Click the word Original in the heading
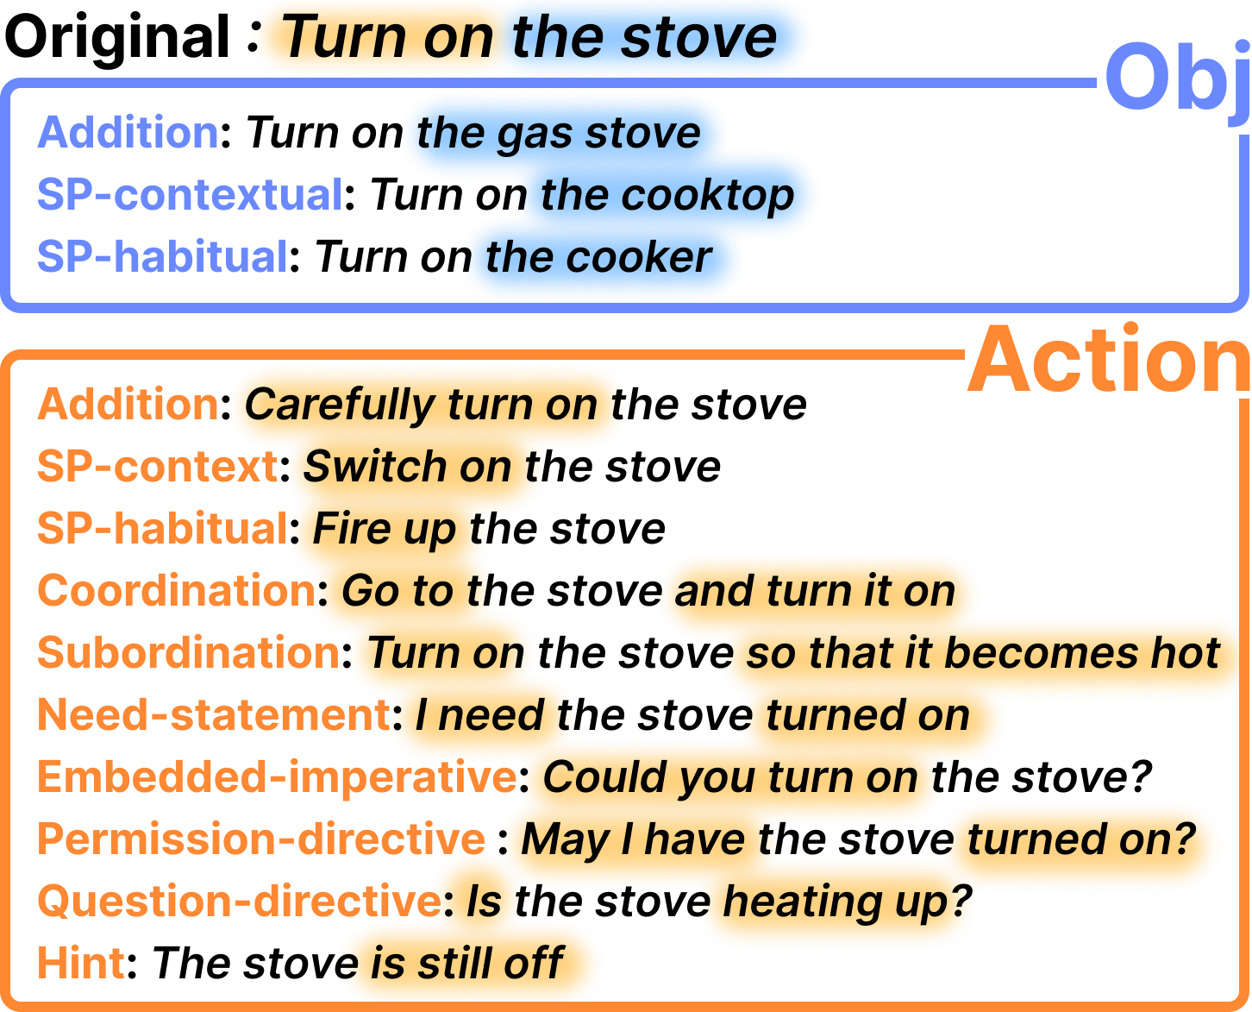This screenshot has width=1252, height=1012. pos(118,37)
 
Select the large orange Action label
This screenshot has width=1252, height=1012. pos(1109,361)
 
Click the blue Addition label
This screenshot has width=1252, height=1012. pos(128,133)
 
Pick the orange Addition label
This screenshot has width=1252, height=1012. pos(128,405)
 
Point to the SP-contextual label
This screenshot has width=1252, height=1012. pos(191,195)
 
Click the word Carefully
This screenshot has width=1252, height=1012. pos(340,405)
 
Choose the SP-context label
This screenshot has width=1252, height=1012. pos(157,467)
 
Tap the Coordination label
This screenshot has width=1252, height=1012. pos(177,591)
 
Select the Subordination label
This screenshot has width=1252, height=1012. pos(189,653)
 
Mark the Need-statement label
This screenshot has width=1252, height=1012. pos(214,715)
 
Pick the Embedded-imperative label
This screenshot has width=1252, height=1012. pos(277,777)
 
